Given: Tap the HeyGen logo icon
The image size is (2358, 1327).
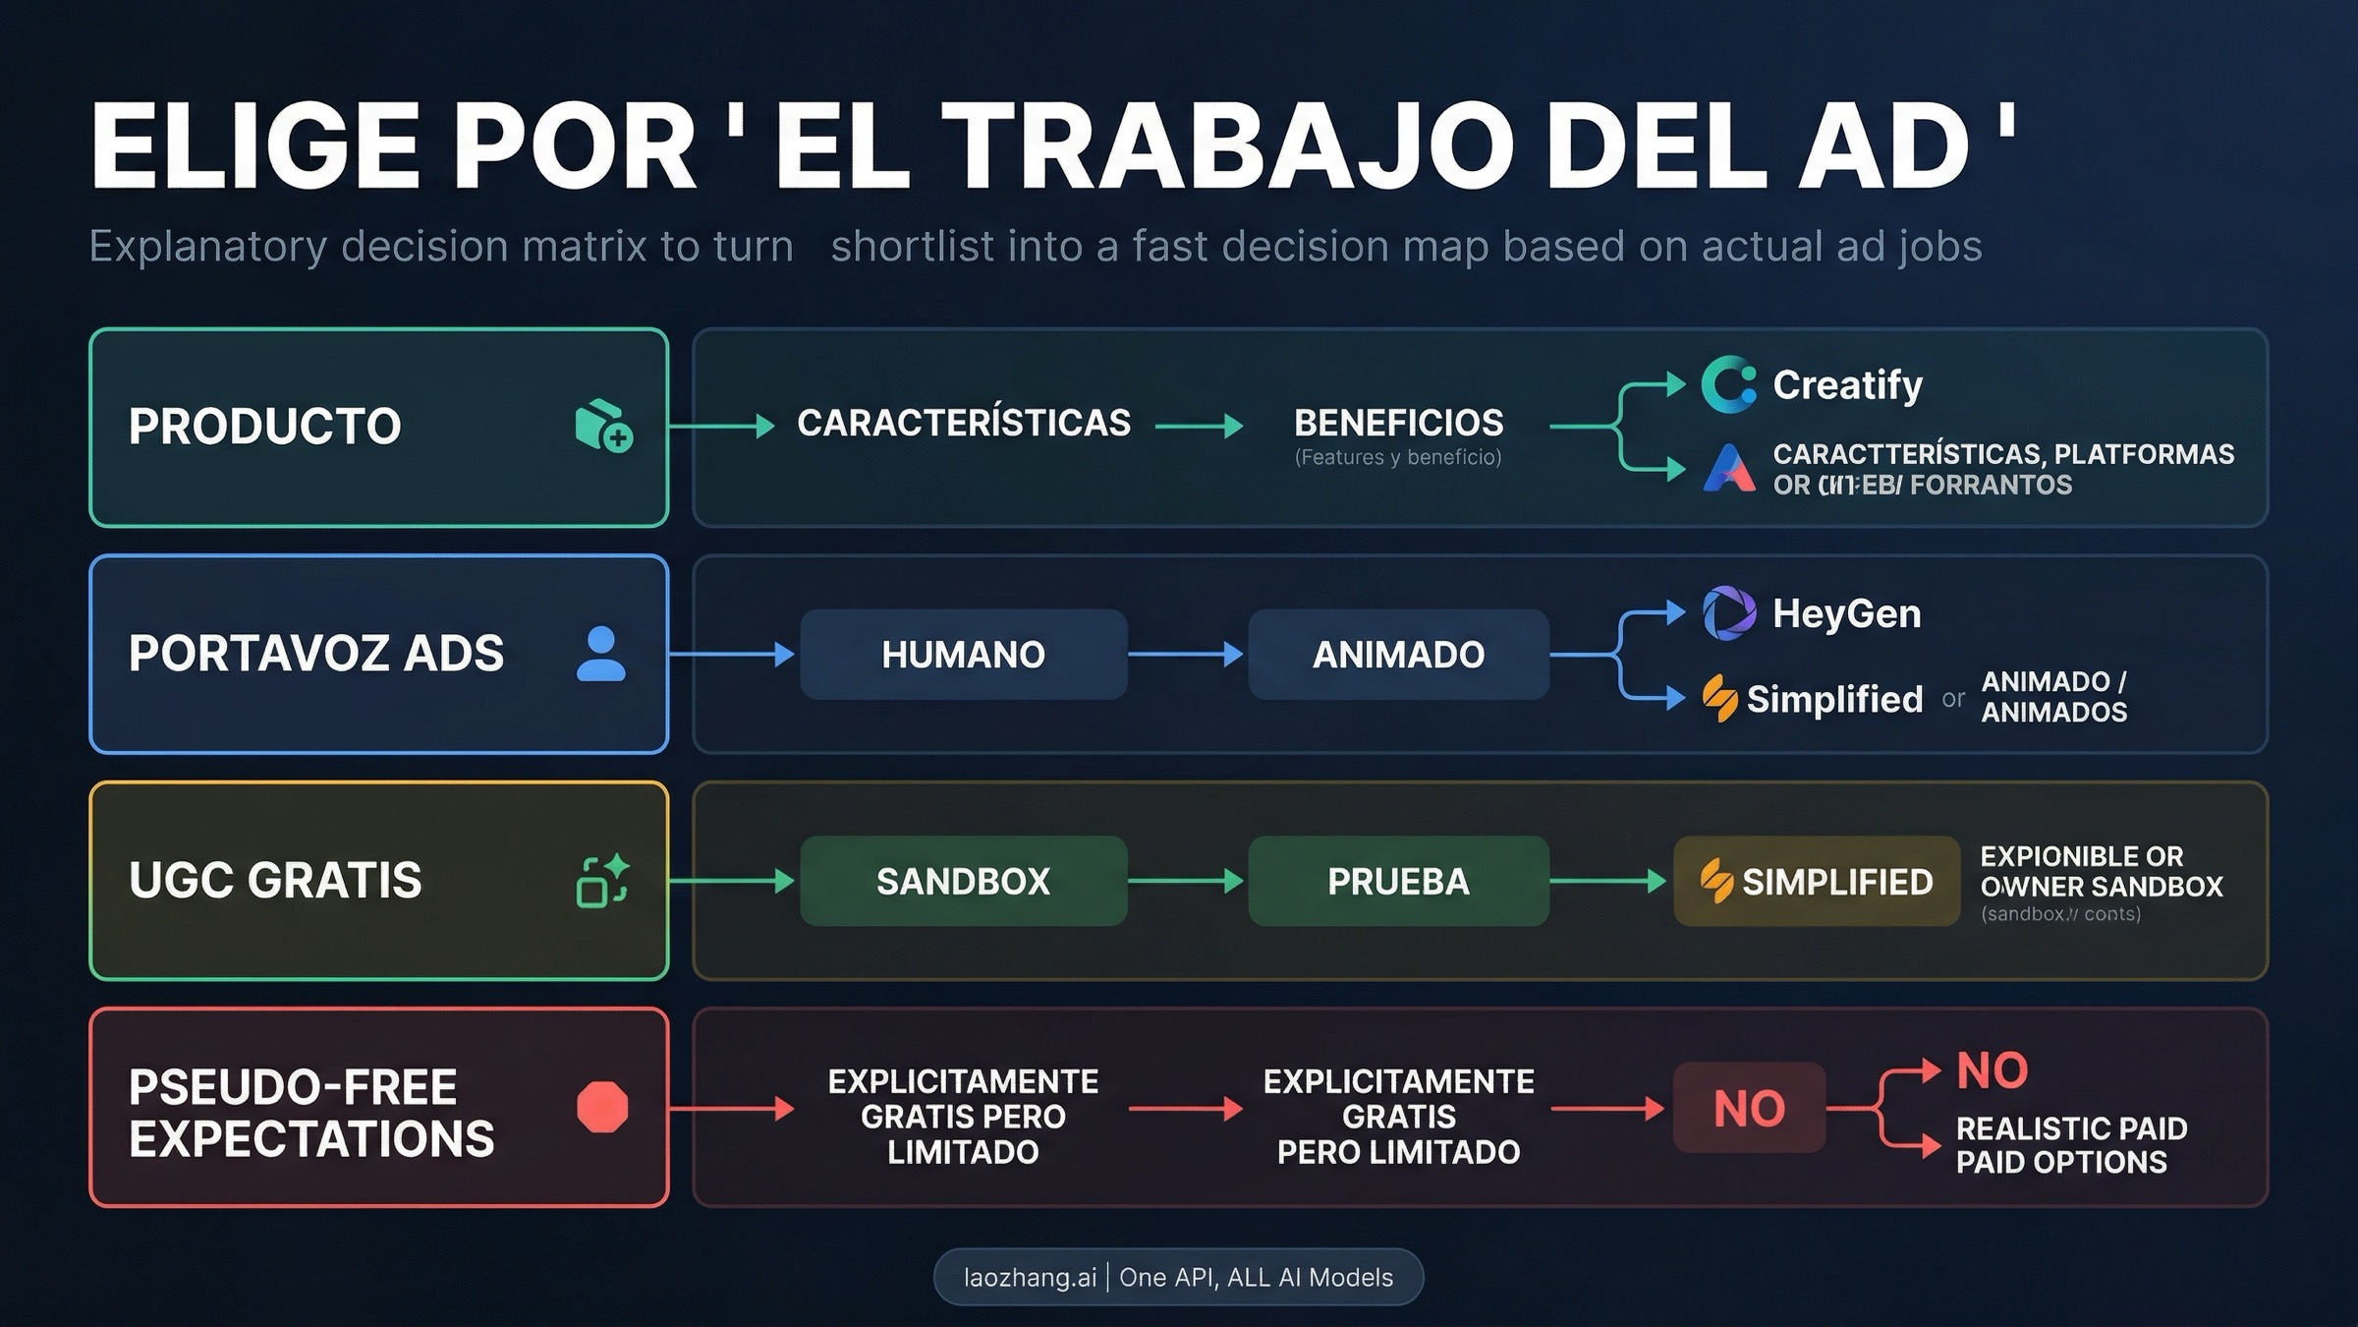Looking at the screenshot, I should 1728,613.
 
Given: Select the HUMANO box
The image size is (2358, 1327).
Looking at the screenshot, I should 963,655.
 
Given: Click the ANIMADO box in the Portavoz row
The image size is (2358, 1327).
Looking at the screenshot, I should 1398,655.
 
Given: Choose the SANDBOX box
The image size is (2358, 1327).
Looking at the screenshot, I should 963,881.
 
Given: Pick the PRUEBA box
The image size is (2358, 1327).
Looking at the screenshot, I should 1398,881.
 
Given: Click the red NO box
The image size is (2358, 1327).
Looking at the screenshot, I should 1749,1108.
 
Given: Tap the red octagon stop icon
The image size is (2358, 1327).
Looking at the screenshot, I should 602,1108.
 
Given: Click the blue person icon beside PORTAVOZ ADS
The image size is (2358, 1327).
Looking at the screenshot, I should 601,654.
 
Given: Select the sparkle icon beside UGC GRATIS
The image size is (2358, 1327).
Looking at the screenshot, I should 602,881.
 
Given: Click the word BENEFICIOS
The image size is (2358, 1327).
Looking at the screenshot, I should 1398,424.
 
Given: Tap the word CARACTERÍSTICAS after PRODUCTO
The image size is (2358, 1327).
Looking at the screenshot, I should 963,424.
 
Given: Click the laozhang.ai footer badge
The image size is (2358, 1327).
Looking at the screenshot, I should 1178,1277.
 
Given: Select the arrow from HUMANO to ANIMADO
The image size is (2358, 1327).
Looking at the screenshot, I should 1186,655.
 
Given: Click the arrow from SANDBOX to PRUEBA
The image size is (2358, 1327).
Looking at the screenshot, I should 1186,881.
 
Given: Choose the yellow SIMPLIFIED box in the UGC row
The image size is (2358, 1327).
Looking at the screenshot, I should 1817,881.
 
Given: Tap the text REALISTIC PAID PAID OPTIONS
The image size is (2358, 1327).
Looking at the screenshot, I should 2071,1145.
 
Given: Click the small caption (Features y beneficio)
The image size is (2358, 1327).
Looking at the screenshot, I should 1398,458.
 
